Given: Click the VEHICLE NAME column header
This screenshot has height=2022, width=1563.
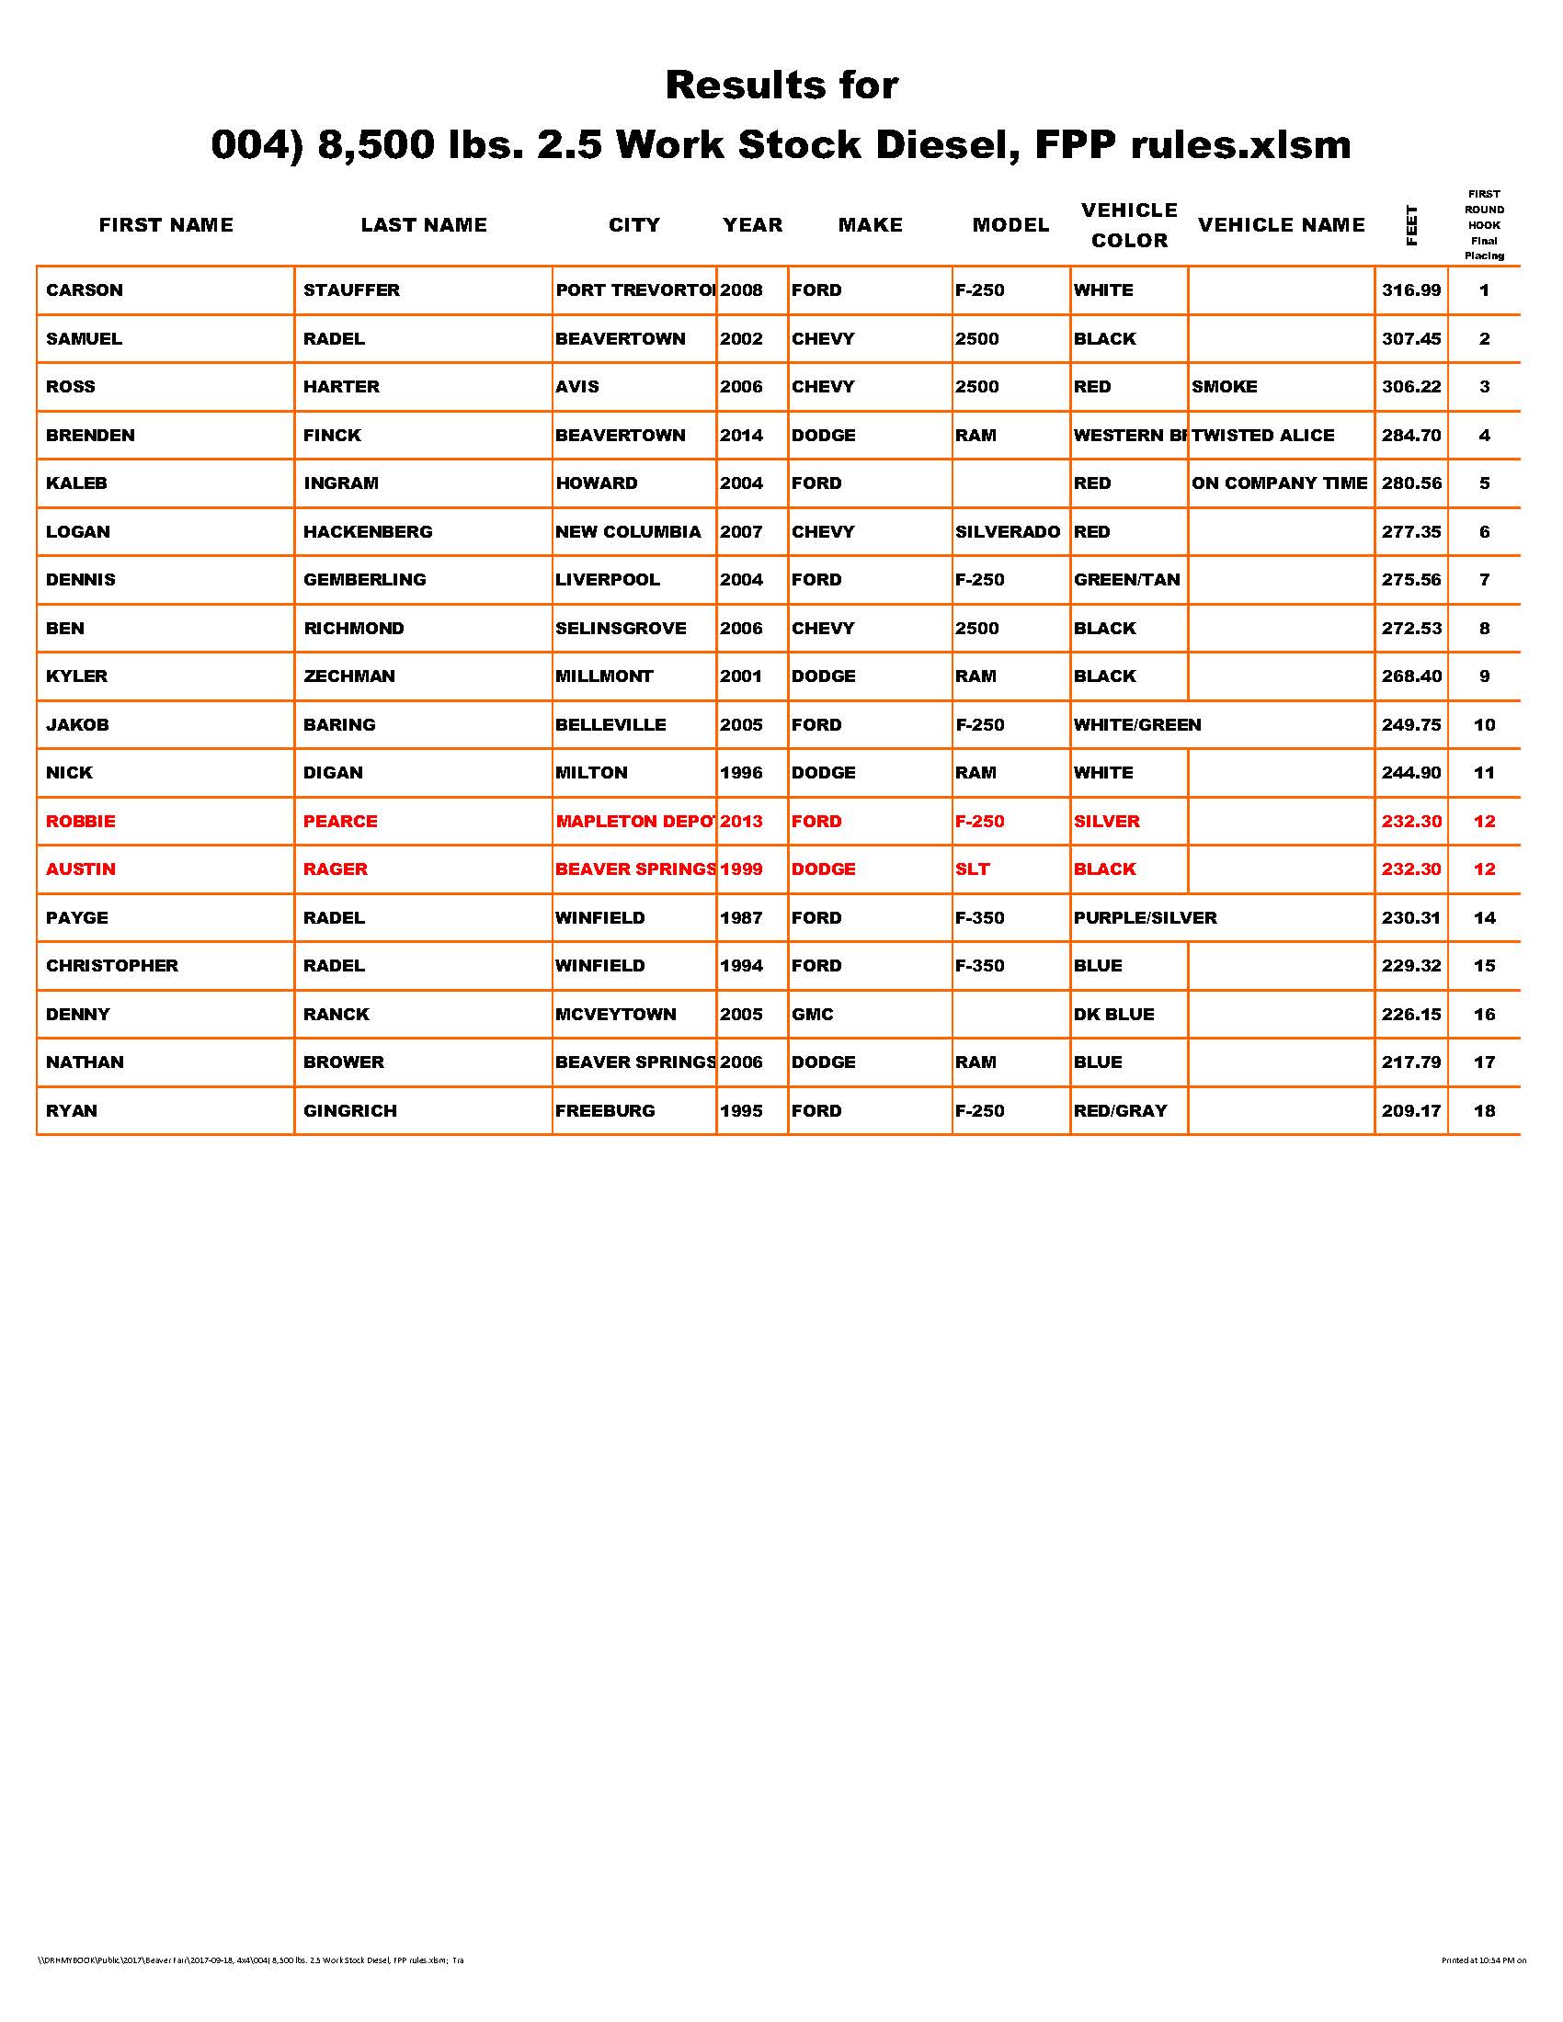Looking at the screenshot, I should [1281, 225].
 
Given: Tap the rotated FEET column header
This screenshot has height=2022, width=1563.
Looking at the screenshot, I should [1411, 225].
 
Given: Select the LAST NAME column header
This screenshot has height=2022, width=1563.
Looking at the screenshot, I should [423, 225].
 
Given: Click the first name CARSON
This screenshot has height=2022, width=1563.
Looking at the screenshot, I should [85, 290].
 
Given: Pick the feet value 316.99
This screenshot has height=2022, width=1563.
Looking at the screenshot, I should [1411, 290].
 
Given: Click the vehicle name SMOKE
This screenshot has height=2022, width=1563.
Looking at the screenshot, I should [1224, 387].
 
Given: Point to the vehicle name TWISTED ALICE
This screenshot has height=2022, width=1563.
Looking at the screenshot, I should [1263, 435].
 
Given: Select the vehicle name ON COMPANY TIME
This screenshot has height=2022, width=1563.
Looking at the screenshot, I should [1279, 483].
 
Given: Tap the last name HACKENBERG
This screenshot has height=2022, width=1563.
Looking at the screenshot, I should [368, 532].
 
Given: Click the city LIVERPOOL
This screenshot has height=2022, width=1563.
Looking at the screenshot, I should [608, 581].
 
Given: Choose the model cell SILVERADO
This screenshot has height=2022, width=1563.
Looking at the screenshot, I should [1008, 532].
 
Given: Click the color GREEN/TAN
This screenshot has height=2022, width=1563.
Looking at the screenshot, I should [1127, 581].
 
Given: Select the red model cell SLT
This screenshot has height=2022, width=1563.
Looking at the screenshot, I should [972, 870].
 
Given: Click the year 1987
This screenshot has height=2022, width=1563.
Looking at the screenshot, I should [741, 918].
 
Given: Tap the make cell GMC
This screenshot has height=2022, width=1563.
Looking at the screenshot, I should [812, 1015].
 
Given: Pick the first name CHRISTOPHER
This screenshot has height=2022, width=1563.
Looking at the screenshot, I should [112, 966].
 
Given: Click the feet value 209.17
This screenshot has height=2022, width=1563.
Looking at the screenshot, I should [1411, 1111].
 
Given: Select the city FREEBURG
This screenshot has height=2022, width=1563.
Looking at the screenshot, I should [605, 1111].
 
